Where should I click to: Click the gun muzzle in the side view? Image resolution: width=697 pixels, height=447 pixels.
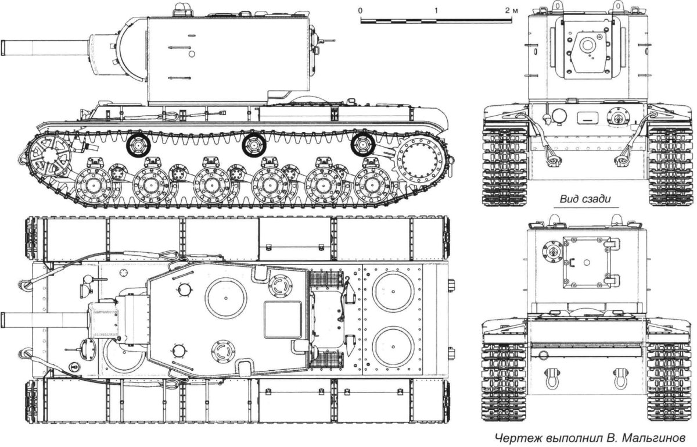pyautogui.click(x=5, y=47)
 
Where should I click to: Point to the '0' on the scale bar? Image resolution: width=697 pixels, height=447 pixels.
pyautogui.click(x=361, y=11)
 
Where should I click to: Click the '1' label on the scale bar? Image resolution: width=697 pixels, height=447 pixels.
pyautogui.click(x=436, y=11)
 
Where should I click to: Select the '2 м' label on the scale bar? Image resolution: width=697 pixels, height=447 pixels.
pyautogui.click(x=511, y=11)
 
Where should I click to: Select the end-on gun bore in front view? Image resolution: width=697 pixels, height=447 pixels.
pyautogui.click(x=588, y=45)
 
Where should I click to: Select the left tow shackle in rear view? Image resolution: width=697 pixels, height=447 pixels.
pyautogui.click(x=550, y=377)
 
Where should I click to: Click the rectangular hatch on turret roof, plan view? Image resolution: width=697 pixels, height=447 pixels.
pyautogui.click(x=283, y=320)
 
